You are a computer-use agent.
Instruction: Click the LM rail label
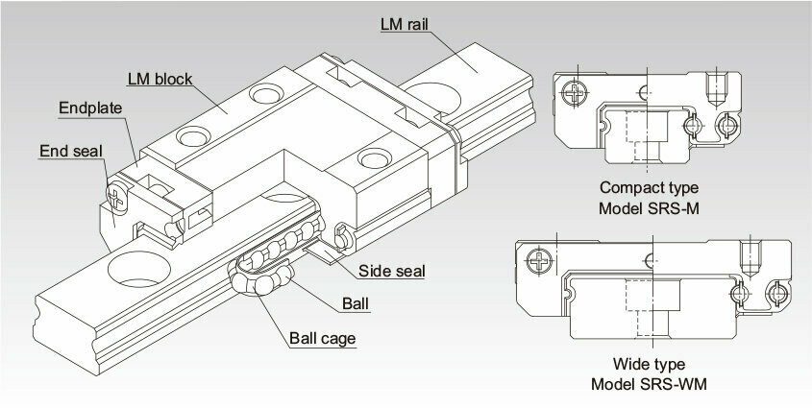pos(405,24)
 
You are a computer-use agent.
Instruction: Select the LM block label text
pos(160,79)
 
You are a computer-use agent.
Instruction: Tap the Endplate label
pos(90,108)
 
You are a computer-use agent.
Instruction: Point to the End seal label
pos(71,151)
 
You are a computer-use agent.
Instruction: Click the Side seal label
pos(392,271)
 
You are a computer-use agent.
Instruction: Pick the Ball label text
pos(356,303)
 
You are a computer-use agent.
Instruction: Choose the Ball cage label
pos(323,339)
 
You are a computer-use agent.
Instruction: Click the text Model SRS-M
pos(649,208)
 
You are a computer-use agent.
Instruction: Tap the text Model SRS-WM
pos(649,384)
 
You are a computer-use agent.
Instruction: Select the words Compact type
pos(649,187)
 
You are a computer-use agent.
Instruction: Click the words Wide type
pos(649,364)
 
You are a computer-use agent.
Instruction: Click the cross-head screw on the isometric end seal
pos(116,198)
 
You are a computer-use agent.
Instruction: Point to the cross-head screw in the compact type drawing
pos(576,93)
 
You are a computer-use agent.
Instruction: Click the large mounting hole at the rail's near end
pos(138,269)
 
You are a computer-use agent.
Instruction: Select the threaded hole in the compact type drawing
pos(716,89)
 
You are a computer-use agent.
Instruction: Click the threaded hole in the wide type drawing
pos(750,259)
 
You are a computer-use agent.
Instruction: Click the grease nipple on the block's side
pos(343,238)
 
